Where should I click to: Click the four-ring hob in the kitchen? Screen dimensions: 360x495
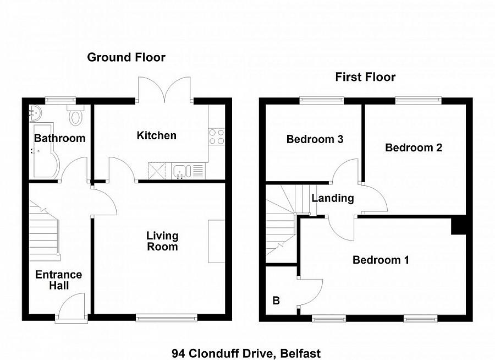pyautogui.click(x=217, y=136)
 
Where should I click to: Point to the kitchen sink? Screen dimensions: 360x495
pyautogui.click(x=180, y=172)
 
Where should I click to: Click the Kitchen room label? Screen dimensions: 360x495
pyautogui.click(x=157, y=135)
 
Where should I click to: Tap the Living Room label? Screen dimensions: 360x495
pyautogui.click(x=162, y=241)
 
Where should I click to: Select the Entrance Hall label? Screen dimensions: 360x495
pyautogui.click(x=58, y=280)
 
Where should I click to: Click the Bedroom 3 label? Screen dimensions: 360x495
pyautogui.click(x=315, y=139)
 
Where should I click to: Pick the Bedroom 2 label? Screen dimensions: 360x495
pyautogui.click(x=414, y=148)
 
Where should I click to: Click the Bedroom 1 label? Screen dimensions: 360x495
pyautogui.click(x=381, y=260)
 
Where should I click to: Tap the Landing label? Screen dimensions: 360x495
pyautogui.click(x=332, y=198)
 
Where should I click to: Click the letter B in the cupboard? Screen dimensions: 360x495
pyautogui.click(x=276, y=301)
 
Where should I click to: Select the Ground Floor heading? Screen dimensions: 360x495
pyautogui.click(x=127, y=57)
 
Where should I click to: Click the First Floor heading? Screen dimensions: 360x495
pyautogui.click(x=365, y=77)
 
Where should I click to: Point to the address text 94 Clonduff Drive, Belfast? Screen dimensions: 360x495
pyautogui.click(x=246, y=353)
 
